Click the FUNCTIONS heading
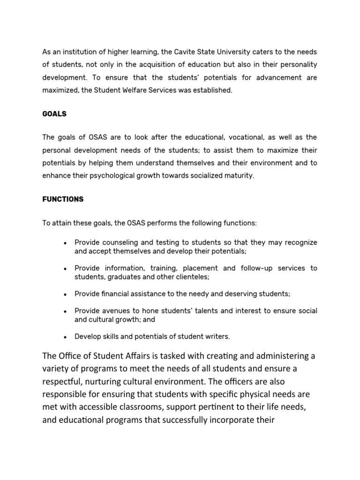(x=63, y=199)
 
